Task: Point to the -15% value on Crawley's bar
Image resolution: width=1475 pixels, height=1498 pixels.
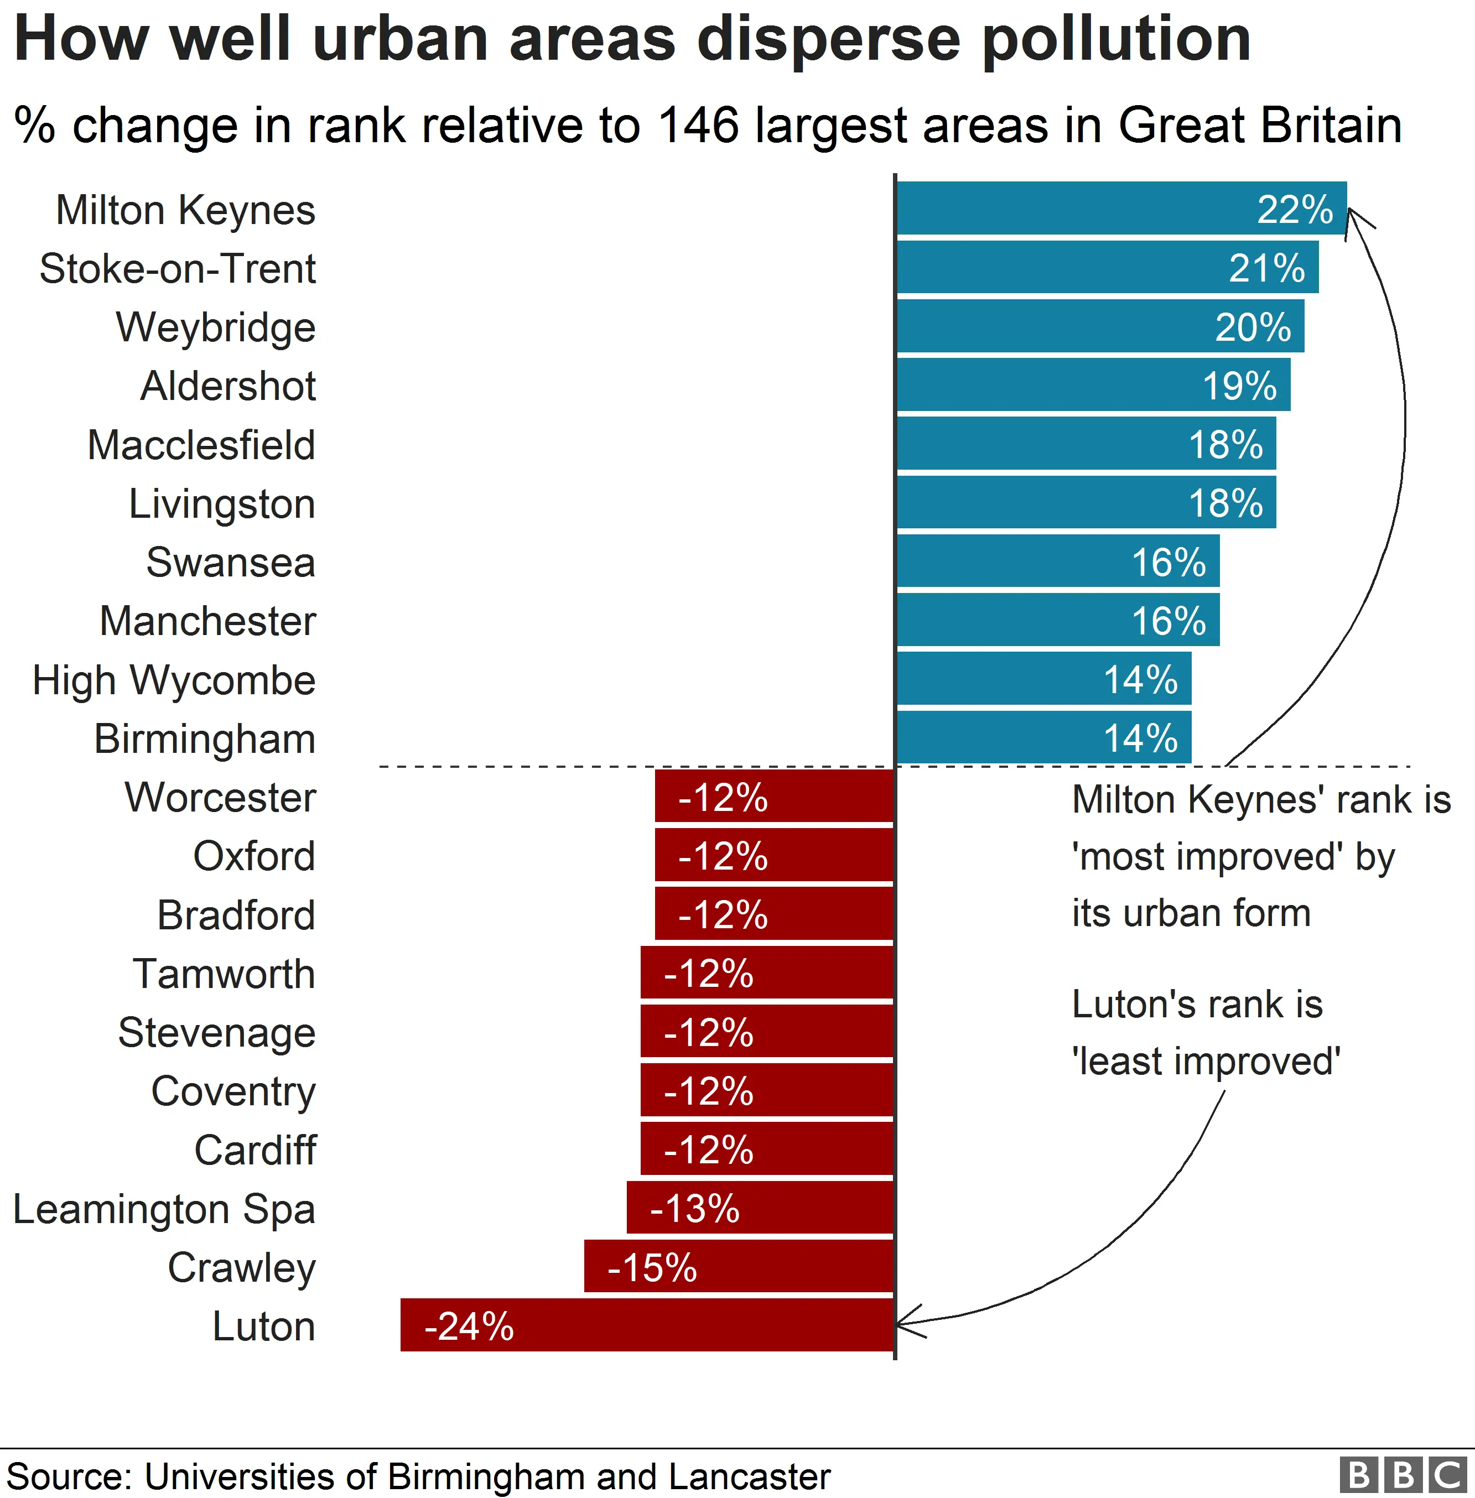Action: [x=652, y=1267]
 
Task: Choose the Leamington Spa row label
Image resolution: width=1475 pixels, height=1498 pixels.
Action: [x=164, y=1209]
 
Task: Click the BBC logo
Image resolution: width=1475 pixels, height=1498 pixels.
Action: [x=1403, y=1475]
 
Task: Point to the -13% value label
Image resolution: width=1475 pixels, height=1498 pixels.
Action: [x=695, y=1208]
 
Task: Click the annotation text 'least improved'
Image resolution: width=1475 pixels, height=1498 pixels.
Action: [x=1206, y=1060]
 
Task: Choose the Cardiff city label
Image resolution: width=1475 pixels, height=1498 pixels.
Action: [x=255, y=1150]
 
